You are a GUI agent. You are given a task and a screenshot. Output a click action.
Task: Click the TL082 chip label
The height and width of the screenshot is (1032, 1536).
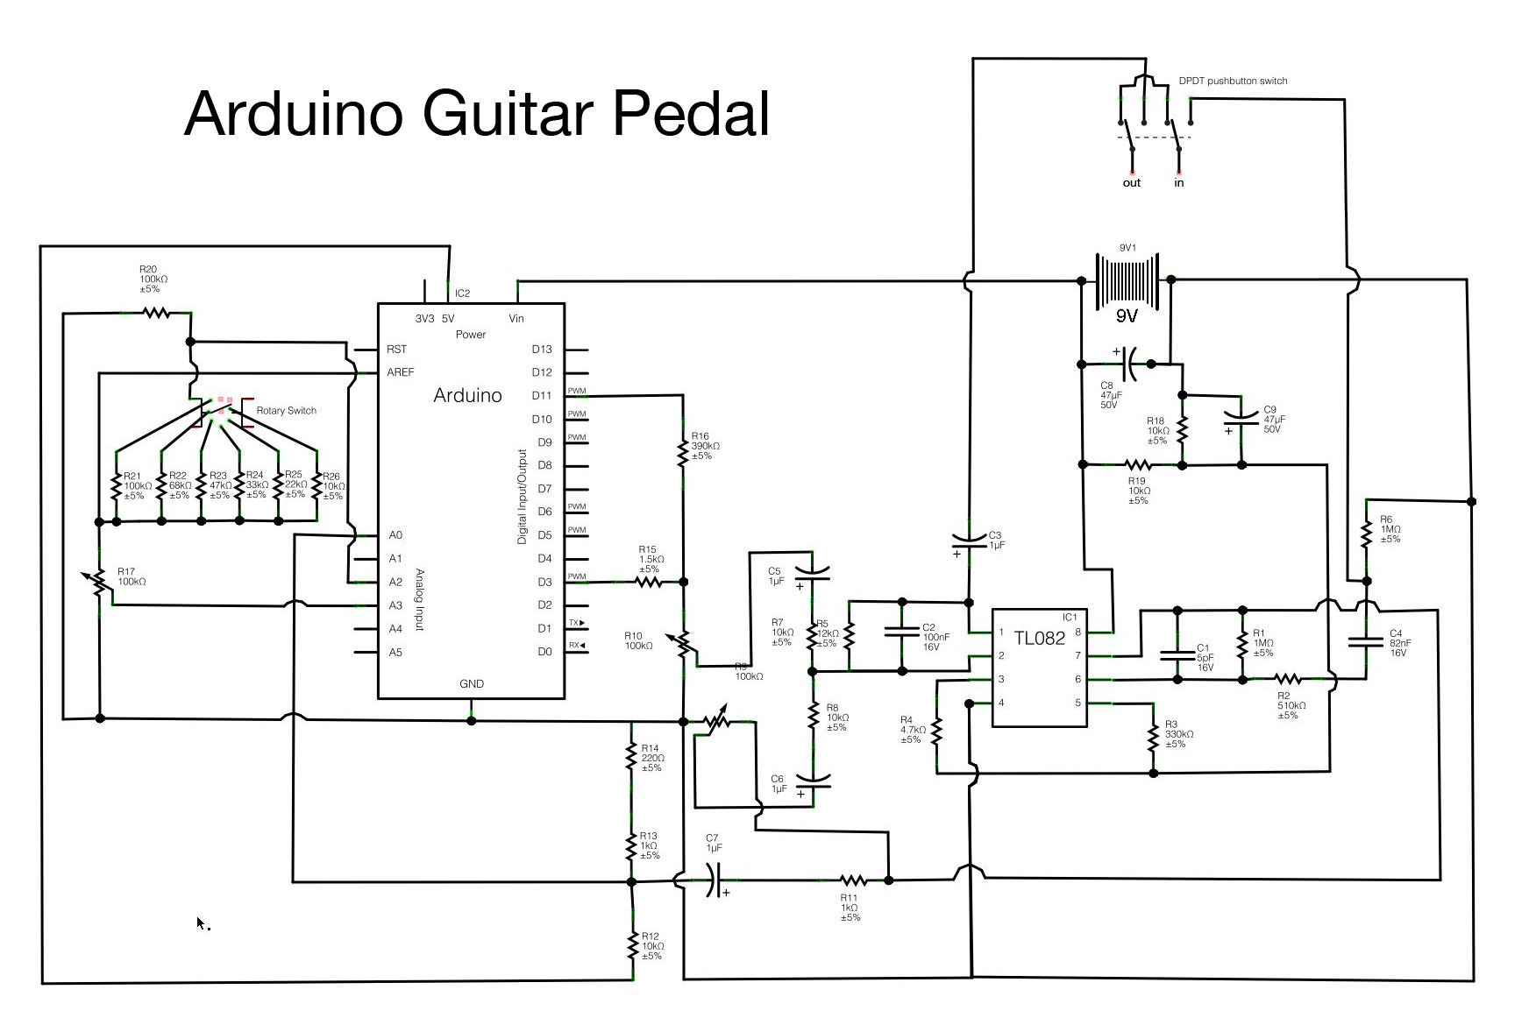pos(1039,638)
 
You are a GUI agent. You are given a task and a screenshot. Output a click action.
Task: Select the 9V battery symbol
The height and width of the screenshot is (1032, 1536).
pos(1127,280)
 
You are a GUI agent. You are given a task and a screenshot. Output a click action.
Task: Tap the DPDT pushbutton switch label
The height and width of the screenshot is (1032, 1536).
pos(1233,81)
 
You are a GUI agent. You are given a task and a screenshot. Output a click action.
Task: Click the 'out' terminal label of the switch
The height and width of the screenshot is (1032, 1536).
pos(1131,183)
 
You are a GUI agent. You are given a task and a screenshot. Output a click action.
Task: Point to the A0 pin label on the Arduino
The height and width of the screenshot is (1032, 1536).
pos(395,534)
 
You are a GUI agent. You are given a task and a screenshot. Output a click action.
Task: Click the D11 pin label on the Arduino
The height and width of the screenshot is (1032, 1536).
pos(542,396)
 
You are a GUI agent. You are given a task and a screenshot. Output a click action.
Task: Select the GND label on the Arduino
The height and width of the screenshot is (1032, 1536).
pos(472,683)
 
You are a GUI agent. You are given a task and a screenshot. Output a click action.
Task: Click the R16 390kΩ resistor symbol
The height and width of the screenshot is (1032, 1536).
pos(683,452)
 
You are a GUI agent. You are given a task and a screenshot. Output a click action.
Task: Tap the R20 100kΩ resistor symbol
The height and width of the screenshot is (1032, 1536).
pos(157,312)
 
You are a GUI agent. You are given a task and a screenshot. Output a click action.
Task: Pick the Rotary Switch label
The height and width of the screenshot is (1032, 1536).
pos(286,410)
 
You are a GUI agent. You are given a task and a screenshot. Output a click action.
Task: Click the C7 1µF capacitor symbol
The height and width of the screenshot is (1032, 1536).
pos(715,880)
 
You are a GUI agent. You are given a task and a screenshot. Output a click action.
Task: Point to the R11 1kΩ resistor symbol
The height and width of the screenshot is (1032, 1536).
pos(852,880)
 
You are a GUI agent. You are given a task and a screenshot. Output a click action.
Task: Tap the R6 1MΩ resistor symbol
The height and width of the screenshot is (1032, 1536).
pos(1366,534)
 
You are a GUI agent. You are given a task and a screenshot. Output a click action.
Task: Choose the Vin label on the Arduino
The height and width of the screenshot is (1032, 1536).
pos(516,318)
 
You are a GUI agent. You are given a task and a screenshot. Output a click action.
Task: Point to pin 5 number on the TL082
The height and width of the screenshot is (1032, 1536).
pos(1077,703)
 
